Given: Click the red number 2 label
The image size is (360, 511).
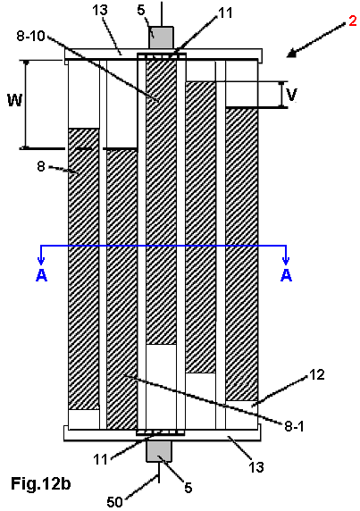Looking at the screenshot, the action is pos(353,21).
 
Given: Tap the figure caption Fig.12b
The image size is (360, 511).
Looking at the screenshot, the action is pos(41,483).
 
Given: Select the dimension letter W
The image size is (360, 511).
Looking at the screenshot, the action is pos(15,99).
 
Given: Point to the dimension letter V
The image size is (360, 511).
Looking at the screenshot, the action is pos(291,94).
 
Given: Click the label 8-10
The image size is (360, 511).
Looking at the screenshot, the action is pos(30,36).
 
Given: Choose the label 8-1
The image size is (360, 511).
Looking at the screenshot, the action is pos(294,426).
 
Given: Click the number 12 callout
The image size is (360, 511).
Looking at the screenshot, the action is pos(316,375).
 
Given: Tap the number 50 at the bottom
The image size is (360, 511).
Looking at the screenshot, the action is pos(114,502).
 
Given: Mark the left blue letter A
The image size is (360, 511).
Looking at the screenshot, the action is pos(41,275).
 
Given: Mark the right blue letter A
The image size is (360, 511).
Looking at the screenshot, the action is pos(286,275).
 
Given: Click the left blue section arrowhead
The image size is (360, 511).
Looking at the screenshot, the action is pos(41,260).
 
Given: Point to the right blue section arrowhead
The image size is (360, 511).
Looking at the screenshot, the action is pos(286,260).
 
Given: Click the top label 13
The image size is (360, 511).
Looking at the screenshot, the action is pos(100,10).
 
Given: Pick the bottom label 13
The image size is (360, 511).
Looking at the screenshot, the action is pos(256,467).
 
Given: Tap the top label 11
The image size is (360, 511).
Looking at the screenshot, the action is pos(225,13).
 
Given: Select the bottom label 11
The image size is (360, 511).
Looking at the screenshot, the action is pos(100,459).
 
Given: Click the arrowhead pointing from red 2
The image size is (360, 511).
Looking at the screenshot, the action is pos(292,54).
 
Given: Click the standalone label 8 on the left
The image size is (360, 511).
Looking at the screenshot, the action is pos(41,166).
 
